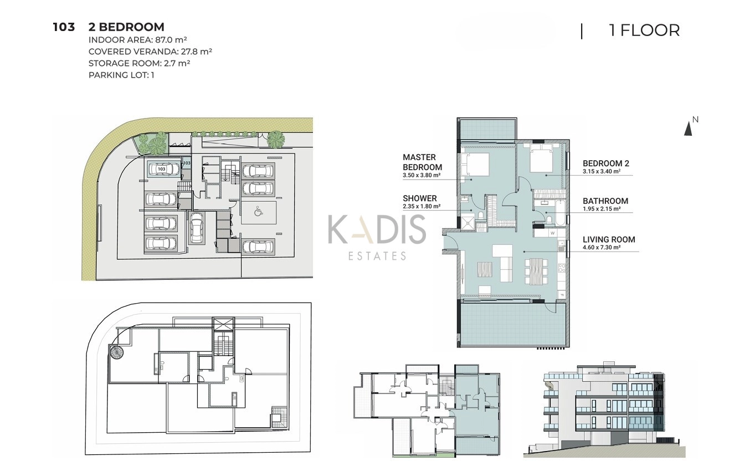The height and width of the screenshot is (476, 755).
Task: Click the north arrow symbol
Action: coord(688,129)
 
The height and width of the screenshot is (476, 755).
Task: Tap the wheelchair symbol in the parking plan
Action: coord(259,211)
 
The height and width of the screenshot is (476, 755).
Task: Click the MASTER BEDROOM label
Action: coord(422,162)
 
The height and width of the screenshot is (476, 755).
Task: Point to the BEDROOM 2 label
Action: coord(605,163)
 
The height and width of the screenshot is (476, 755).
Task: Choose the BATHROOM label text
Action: coord(605,201)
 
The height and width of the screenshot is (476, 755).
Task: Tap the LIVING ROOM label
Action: coord(609,239)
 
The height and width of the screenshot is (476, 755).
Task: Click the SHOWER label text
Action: coord(420,198)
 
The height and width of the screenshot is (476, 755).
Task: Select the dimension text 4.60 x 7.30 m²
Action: coord(602,247)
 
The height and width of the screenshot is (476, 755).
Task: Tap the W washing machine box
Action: coord(552,233)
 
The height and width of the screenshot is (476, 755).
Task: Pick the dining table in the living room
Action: coord(536,272)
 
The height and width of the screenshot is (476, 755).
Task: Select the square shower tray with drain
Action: coord(467,222)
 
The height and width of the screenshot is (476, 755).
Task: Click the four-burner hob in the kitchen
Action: coord(562,268)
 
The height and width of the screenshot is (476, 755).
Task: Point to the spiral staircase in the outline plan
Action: coord(116,352)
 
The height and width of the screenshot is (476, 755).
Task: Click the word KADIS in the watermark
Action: coord(377,229)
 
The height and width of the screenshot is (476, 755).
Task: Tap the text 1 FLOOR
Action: coord(644,30)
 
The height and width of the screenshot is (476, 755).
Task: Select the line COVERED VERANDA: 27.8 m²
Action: coord(150,52)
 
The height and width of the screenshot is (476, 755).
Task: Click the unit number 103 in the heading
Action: coord(64,27)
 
